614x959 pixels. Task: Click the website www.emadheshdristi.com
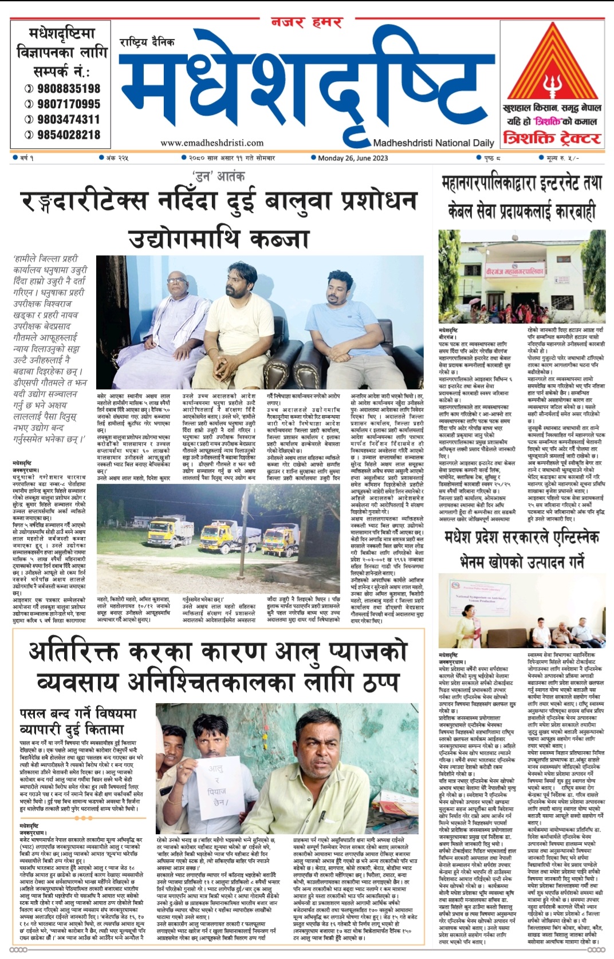(212, 143)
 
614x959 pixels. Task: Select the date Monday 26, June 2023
(353, 158)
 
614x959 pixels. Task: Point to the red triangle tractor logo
(552, 66)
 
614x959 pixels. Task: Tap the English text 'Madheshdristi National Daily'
(434, 143)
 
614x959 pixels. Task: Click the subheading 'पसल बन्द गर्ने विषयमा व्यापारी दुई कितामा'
(78, 721)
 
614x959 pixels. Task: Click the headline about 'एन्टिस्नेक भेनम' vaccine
(521, 548)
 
